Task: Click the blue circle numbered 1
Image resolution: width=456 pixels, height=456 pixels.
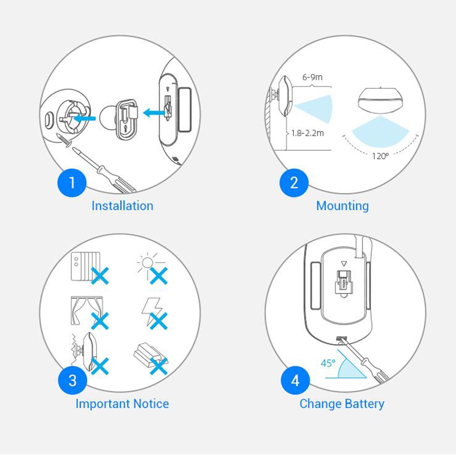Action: point(72,183)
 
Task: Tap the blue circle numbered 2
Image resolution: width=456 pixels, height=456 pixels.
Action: point(294,183)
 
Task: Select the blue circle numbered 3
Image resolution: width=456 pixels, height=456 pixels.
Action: point(73,380)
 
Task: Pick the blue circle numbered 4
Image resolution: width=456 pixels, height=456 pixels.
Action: point(295,380)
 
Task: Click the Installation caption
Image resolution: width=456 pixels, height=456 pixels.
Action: point(122,206)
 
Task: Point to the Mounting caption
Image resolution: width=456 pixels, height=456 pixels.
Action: point(342,206)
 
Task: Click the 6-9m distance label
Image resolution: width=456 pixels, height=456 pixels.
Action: point(312,77)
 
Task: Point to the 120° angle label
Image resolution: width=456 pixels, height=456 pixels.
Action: point(380,156)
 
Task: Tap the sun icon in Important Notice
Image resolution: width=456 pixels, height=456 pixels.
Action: point(147,264)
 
